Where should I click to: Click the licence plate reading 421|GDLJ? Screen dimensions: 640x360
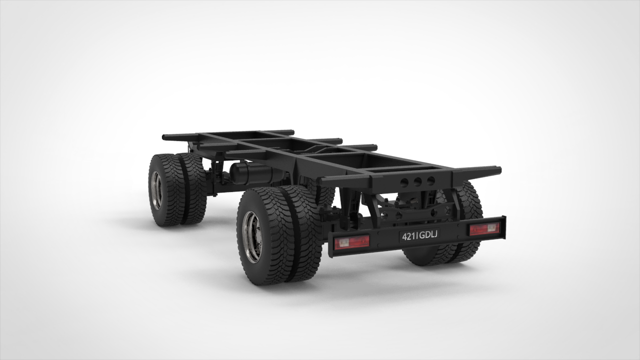pyautogui.click(x=419, y=235)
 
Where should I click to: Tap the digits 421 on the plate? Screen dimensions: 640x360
pyautogui.click(x=408, y=236)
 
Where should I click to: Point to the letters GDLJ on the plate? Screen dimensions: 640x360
pyautogui.click(x=427, y=234)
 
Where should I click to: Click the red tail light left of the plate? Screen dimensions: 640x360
pyautogui.click(x=352, y=242)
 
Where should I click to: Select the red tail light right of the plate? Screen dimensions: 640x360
pyautogui.click(x=485, y=228)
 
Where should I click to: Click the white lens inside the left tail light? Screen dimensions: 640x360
pyautogui.click(x=342, y=243)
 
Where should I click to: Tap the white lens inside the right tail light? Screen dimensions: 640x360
pyautogui.click(x=491, y=227)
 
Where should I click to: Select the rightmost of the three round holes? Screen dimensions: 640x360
pyautogui.click(x=431, y=180)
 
